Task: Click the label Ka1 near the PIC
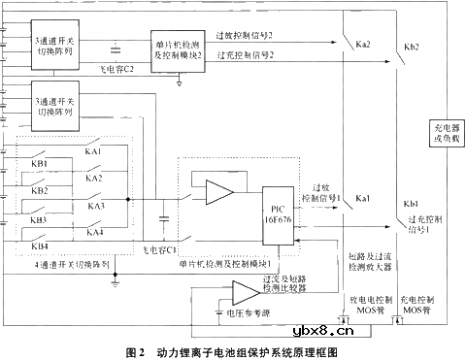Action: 363,198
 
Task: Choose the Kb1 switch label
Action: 410,203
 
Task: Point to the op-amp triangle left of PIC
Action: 219,192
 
